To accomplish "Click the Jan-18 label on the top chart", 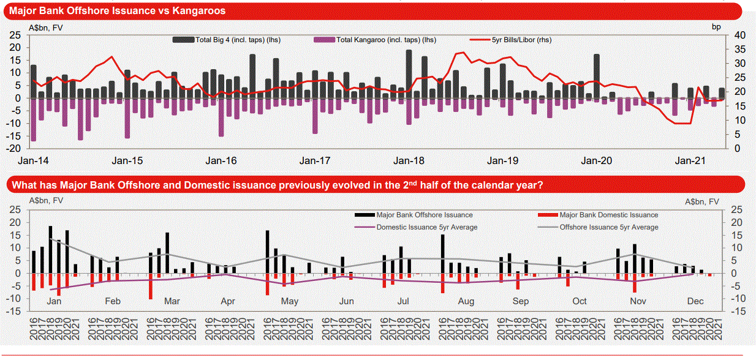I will coord(409,161).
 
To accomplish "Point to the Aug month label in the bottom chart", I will coord(466,301).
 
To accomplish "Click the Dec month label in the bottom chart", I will coord(695,301).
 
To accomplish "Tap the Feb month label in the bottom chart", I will coord(112,301).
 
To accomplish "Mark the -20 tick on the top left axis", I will coord(14,148).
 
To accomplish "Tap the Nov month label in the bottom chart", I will coord(638,301).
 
